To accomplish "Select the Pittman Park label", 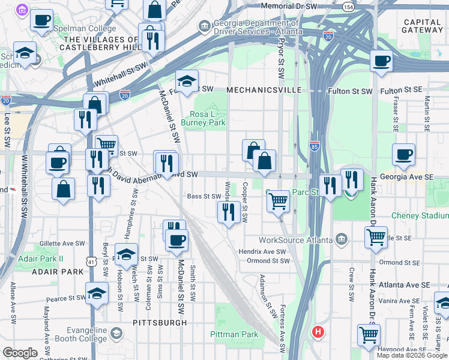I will point(234,334).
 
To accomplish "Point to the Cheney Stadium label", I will point(419,215).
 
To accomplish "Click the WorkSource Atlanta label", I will point(295,240).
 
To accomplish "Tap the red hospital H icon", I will point(318,331).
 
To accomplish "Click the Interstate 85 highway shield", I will point(315,145).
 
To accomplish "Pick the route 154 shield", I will point(348,6).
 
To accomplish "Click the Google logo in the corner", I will point(20,353).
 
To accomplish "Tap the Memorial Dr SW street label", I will point(289,6).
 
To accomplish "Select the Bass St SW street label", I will point(204,196).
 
